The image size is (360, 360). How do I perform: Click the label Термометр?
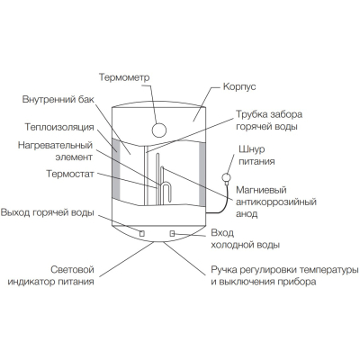[124, 77]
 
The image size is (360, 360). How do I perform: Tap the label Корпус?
[239, 86]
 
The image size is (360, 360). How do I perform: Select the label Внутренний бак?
[58, 99]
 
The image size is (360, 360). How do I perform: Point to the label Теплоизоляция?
[59, 127]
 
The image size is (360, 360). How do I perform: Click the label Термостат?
[70, 174]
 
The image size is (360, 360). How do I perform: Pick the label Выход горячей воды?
[48, 212]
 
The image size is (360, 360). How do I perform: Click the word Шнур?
[252, 149]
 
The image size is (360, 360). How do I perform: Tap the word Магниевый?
[261, 190]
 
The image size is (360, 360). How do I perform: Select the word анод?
[247, 214]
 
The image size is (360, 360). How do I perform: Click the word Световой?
[72, 269]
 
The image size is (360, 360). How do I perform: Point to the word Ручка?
[224, 270]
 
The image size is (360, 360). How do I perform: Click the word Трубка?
[251, 114]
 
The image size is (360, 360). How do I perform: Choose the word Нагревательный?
[55, 145]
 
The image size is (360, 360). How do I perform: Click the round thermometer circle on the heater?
[159, 130]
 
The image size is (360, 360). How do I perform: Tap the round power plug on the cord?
[226, 177]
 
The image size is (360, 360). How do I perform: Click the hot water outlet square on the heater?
[142, 233]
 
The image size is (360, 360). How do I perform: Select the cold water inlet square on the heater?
[172, 233]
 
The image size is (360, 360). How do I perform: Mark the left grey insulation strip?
[116, 168]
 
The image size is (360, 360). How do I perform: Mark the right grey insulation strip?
[202, 175]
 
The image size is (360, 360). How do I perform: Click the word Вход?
[222, 233]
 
